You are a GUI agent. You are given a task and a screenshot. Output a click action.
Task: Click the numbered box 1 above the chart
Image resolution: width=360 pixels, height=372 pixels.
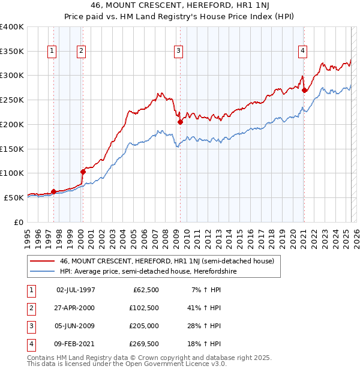[x=53, y=51]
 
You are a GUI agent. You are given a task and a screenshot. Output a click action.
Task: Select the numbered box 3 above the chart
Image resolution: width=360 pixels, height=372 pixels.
[x=179, y=51]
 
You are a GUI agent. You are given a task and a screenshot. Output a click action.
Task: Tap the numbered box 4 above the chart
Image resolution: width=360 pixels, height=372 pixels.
[x=303, y=51]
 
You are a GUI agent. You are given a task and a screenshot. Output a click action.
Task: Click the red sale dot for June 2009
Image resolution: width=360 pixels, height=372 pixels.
[x=180, y=122]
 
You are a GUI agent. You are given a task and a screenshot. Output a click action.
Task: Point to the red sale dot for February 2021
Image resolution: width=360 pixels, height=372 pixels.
[x=304, y=91]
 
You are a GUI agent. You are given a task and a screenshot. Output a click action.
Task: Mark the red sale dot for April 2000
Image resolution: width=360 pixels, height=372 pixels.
[x=83, y=172]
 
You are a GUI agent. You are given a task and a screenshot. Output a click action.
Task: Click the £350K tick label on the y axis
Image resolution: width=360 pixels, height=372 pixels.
[x=12, y=52]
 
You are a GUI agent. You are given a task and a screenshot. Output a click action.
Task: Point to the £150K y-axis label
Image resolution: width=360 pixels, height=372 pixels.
[x=12, y=149]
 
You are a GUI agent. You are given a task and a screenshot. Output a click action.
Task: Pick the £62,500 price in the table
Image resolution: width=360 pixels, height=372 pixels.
[x=146, y=290]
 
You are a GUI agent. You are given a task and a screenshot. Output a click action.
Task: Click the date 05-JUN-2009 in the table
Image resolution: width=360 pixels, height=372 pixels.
[x=76, y=326]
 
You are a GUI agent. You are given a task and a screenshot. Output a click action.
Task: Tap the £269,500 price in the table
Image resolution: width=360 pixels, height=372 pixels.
[x=144, y=344]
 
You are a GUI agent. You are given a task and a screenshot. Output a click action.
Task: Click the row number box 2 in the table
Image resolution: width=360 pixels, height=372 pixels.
[x=29, y=308]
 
